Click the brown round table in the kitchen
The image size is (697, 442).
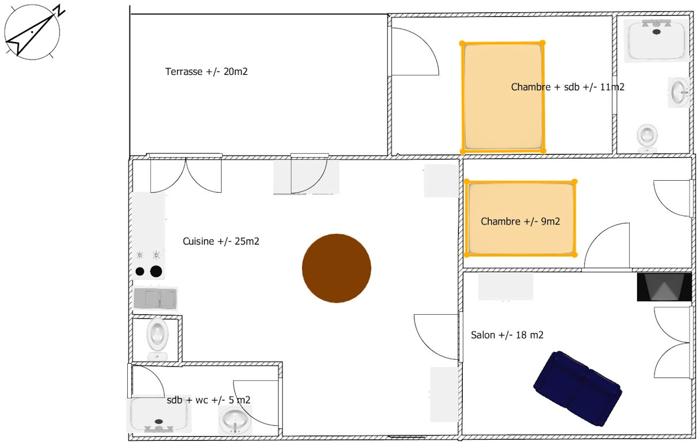[336, 268]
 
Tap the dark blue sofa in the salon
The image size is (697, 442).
[578, 388]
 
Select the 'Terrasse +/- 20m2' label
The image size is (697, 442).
[206, 71]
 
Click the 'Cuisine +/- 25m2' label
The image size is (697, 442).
[221, 241]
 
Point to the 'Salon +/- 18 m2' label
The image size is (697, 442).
[507, 335]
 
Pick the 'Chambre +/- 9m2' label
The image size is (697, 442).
[520, 222]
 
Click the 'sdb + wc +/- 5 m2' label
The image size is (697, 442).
[208, 400]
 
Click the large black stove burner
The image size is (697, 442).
[156, 271]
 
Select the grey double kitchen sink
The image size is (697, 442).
[155, 298]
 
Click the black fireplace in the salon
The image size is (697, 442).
[664, 287]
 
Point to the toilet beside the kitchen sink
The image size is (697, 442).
[158, 339]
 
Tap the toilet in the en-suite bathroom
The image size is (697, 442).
[647, 139]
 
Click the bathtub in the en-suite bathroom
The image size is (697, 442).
[657, 40]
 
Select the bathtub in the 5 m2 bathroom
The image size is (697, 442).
[159, 416]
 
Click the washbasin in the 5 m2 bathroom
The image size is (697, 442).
[235, 421]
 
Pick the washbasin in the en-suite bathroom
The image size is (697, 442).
[679, 93]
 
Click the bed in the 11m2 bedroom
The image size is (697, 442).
[502, 97]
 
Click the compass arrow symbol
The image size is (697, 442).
[31, 33]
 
